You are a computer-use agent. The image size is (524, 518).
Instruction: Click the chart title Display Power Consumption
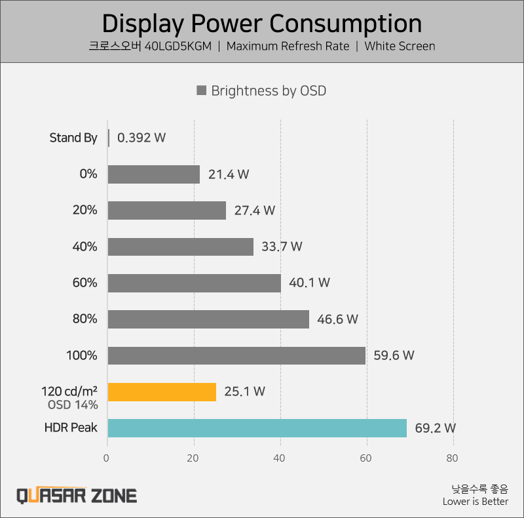[x=262, y=24]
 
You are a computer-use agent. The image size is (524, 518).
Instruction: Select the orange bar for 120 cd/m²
[x=162, y=391]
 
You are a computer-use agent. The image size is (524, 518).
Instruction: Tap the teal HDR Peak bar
[x=257, y=428]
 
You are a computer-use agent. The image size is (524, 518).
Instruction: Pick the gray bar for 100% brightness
[x=236, y=355]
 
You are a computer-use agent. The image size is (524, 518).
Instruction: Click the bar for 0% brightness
[x=153, y=174]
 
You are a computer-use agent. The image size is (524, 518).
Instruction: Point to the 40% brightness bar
[x=180, y=247]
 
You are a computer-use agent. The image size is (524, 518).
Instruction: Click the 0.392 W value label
[x=141, y=138]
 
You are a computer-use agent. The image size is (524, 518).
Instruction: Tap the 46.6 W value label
[x=339, y=319]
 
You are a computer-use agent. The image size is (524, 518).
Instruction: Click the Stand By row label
[x=73, y=138]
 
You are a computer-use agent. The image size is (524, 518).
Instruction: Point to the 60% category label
[x=85, y=283]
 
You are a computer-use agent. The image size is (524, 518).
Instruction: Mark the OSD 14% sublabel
[x=73, y=405]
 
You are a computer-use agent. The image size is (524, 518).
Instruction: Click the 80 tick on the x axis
[x=453, y=458]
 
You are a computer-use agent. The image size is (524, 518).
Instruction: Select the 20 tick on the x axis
[x=194, y=458]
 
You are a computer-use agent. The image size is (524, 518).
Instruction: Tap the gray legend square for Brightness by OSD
[x=202, y=90]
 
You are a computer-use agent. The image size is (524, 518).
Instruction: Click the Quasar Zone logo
[x=77, y=495]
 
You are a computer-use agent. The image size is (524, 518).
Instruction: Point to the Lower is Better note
[x=475, y=502]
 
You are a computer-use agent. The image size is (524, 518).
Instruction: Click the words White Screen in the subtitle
[x=400, y=46]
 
